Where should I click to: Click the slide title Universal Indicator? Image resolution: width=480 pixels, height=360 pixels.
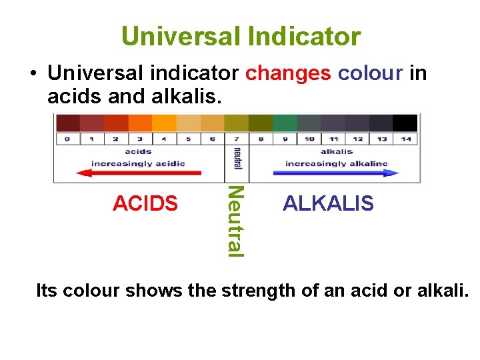point(241,36)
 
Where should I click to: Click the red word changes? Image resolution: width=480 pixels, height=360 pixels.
point(288,73)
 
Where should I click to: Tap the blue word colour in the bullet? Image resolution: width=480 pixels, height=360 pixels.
point(370,73)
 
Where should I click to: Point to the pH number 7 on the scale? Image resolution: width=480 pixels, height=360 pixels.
point(237,139)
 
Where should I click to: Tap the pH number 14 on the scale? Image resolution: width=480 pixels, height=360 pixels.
point(406,139)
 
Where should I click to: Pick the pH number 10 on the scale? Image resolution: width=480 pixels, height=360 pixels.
point(309,139)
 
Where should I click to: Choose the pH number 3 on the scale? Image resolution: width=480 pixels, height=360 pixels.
point(140,139)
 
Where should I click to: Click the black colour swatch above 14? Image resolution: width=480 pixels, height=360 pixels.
point(405,123)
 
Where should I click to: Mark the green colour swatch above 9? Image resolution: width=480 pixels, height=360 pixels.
point(285,123)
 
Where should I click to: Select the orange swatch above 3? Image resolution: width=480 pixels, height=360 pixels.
point(140,123)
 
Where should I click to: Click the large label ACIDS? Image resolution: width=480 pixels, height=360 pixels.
point(145,203)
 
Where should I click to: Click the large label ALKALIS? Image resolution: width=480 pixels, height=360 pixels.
point(328,203)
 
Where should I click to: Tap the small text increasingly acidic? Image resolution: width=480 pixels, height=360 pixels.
point(138,163)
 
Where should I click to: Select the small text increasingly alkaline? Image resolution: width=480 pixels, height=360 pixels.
point(337,163)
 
